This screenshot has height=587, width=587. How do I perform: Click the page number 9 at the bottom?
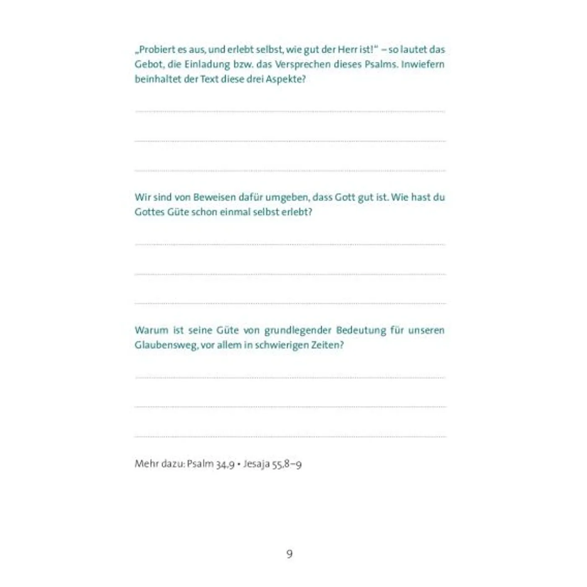[x=289, y=554]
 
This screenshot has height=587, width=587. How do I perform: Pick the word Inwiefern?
[x=423, y=65]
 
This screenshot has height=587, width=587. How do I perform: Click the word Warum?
[x=151, y=330]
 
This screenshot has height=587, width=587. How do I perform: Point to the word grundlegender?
[x=298, y=330]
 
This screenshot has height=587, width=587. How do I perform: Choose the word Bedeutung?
[x=361, y=330]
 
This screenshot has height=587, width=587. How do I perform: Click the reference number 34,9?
[x=225, y=464]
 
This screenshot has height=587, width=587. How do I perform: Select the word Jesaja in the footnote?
[x=256, y=464]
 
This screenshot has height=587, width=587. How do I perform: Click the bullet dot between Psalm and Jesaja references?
[x=239, y=465]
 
